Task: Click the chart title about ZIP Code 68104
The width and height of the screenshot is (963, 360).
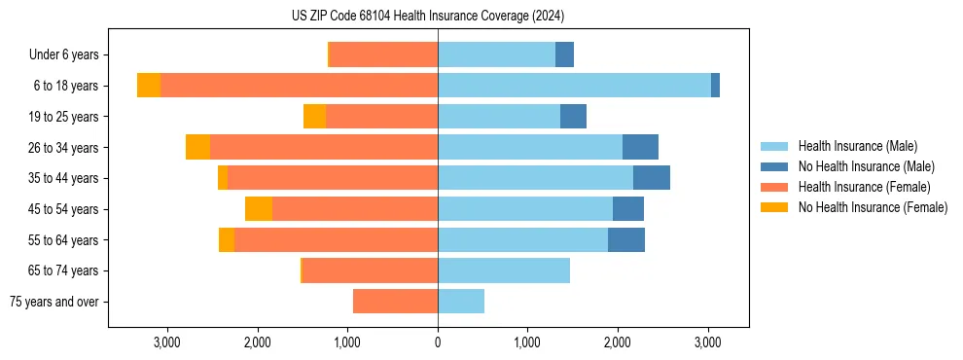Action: click(x=428, y=16)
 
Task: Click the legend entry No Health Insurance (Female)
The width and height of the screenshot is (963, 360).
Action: click(x=873, y=207)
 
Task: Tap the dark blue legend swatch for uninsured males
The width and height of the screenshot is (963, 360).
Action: click(x=775, y=166)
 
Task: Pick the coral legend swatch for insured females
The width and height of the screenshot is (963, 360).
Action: click(x=775, y=187)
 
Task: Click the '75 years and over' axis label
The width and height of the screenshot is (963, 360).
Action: click(x=54, y=302)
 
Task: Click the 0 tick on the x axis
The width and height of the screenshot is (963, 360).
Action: click(x=438, y=342)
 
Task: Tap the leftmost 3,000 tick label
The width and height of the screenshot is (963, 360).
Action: click(x=167, y=342)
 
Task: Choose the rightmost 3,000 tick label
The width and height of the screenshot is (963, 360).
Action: click(x=707, y=342)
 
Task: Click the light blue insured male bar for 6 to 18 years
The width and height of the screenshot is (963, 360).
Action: click(x=574, y=86)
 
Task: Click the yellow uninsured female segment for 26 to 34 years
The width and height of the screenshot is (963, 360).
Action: click(x=197, y=147)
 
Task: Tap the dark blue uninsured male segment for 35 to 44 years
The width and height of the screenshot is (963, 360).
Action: click(x=651, y=178)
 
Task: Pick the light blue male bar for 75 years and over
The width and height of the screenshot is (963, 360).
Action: click(x=461, y=302)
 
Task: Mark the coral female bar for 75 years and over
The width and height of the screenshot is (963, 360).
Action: click(x=395, y=302)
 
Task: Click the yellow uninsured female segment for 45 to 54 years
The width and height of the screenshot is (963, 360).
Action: click(x=259, y=209)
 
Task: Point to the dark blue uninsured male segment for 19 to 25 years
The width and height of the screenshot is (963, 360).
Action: click(x=573, y=117)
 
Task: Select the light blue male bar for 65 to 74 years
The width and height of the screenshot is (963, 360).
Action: click(x=504, y=270)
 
